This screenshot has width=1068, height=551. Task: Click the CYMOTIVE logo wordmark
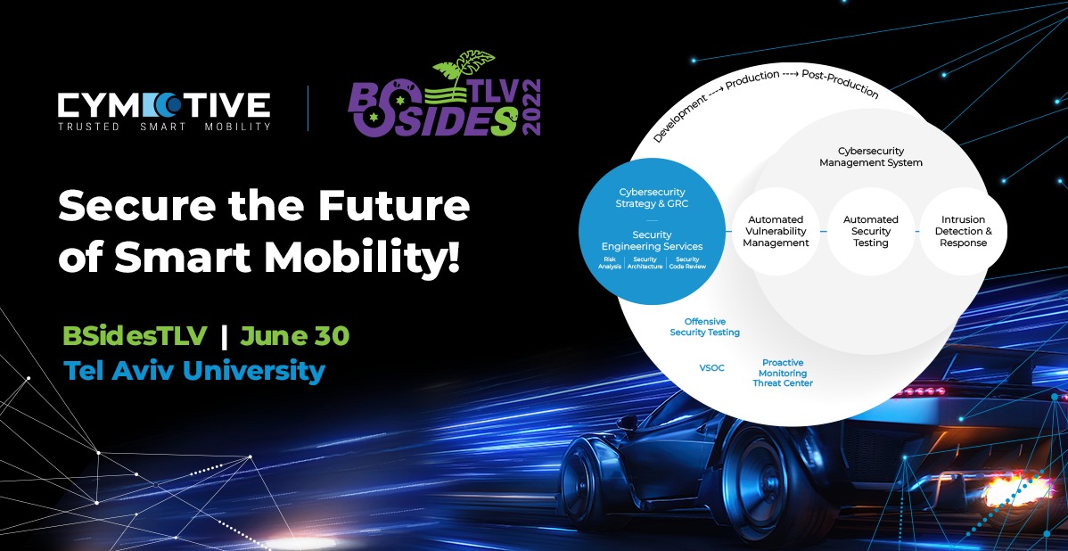(x=163, y=104)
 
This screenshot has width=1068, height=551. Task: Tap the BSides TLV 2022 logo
(x=444, y=101)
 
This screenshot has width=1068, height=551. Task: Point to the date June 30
(x=295, y=336)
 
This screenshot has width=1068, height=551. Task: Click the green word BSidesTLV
(x=135, y=336)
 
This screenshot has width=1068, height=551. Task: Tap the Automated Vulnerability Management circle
(x=776, y=231)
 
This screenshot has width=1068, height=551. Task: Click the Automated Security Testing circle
(x=871, y=231)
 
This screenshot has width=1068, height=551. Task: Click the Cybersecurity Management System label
(x=871, y=157)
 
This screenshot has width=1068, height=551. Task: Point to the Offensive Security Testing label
(x=704, y=327)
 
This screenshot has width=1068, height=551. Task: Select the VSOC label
(x=712, y=367)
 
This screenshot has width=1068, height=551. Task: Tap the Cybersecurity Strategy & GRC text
(x=653, y=198)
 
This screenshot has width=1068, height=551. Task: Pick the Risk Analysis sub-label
(x=610, y=263)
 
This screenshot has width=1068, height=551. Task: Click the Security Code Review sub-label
(x=687, y=263)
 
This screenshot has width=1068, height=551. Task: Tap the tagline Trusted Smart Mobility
(x=163, y=127)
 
